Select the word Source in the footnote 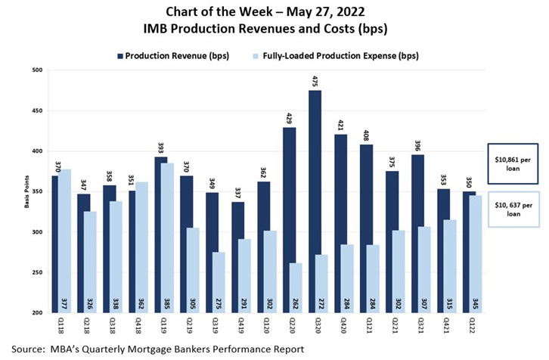point(26,349)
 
